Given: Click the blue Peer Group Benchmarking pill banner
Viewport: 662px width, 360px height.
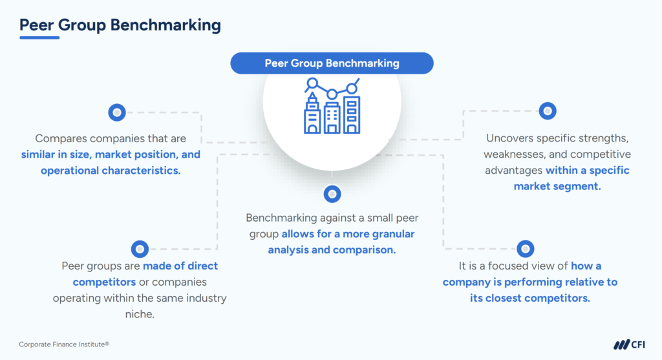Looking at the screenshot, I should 332,63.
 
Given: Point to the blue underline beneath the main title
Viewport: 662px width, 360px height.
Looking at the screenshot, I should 39,37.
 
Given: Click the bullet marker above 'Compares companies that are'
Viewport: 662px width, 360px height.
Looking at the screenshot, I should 116,112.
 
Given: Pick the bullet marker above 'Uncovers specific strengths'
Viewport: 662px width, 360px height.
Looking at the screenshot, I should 548,111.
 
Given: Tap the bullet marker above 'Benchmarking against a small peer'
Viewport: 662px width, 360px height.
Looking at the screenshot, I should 332,193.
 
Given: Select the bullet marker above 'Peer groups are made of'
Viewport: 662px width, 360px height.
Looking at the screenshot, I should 140,248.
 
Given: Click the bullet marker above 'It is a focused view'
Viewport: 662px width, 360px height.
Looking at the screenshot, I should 526,248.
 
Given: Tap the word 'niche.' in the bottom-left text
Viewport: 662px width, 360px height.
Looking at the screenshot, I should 139,315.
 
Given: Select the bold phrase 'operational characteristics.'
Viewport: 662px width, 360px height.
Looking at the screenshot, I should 111,171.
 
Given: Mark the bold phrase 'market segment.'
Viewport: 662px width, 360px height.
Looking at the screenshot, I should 557,186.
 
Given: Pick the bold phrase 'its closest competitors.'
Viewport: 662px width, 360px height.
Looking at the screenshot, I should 530,298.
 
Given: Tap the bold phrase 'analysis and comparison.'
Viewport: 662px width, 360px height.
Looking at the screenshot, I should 332,249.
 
